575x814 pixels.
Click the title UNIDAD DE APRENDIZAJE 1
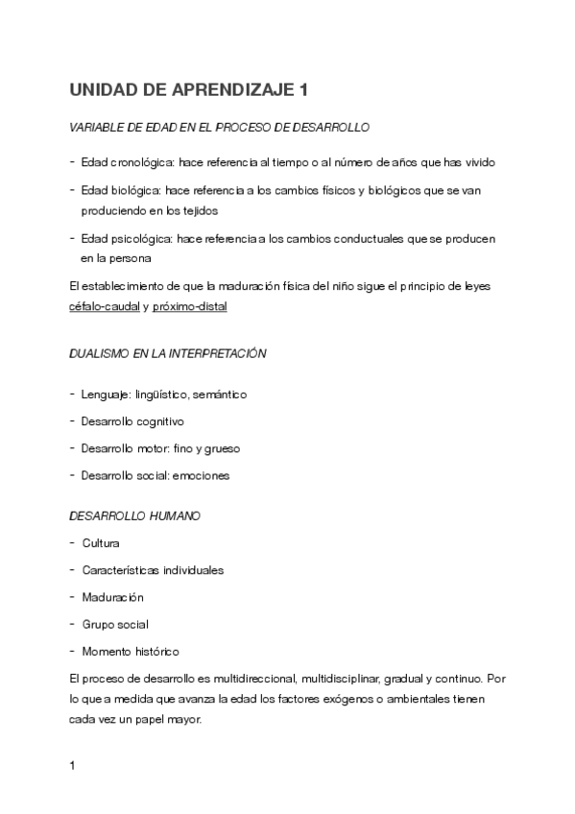pos(190,91)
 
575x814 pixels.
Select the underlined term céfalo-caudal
pos(105,306)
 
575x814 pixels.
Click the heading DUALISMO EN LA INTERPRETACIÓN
pos(168,353)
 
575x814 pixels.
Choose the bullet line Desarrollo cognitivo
pos(132,421)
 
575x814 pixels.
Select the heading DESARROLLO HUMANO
pos(135,515)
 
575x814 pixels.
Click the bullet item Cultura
pos(101,543)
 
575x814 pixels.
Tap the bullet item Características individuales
pos(153,570)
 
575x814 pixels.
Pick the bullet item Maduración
pos(112,597)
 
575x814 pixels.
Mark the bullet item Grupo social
pos(115,624)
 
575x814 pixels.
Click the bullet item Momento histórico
pos(131,651)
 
